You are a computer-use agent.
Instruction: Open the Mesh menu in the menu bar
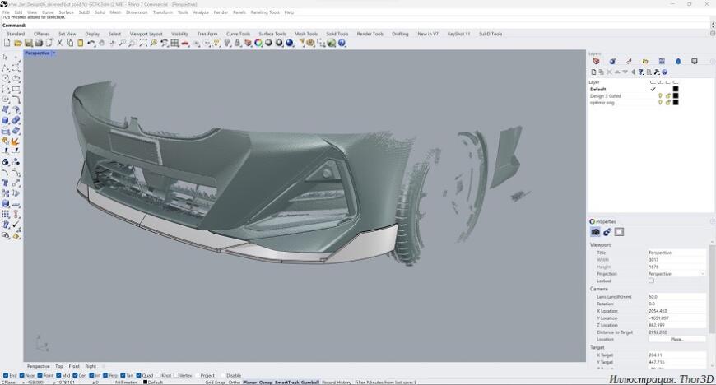pos(115,12)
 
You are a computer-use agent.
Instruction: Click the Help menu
pos(289,12)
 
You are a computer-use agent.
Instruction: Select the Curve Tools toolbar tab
pos(237,34)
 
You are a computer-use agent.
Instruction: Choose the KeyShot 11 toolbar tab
pos(458,34)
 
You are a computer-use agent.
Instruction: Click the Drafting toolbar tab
pos(400,34)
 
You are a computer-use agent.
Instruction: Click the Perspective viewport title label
pos(37,53)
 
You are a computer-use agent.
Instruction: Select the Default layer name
pos(597,89)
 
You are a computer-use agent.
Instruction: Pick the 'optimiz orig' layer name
pos(602,102)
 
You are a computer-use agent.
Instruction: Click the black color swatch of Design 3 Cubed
pos(676,95)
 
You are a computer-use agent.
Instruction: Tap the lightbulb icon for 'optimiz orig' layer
pos(660,102)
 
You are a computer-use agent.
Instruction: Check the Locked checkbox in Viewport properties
pos(651,281)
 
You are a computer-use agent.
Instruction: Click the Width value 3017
pos(654,259)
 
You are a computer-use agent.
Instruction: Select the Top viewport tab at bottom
pos(58,366)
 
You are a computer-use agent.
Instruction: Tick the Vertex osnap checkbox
pos(176,375)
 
